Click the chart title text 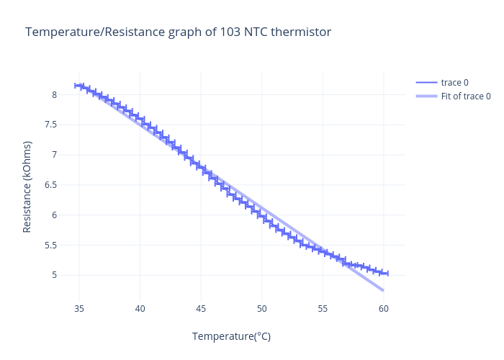click(x=178, y=32)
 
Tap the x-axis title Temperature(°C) click(x=231, y=336)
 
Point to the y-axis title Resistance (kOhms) click(x=27, y=186)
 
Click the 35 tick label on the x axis click(x=79, y=309)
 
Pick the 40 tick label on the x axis click(x=140, y=309)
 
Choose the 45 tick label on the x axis click(x=201, y=309)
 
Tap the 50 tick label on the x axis click(x=262, y=309)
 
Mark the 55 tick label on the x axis click(x=323, y=309)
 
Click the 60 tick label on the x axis click(x=384, y=309)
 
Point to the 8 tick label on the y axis click(x=53, y=94)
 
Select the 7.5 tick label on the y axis click(x=50, y=125)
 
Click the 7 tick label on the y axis click(x=53, y=155)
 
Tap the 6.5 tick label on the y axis click(x=50, y=185)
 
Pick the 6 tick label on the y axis click(x=53, y=215)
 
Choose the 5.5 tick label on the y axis click(x=50, y=245)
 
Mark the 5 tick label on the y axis click(x=53, y=275)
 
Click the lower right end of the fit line click(x=383, y=290)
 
